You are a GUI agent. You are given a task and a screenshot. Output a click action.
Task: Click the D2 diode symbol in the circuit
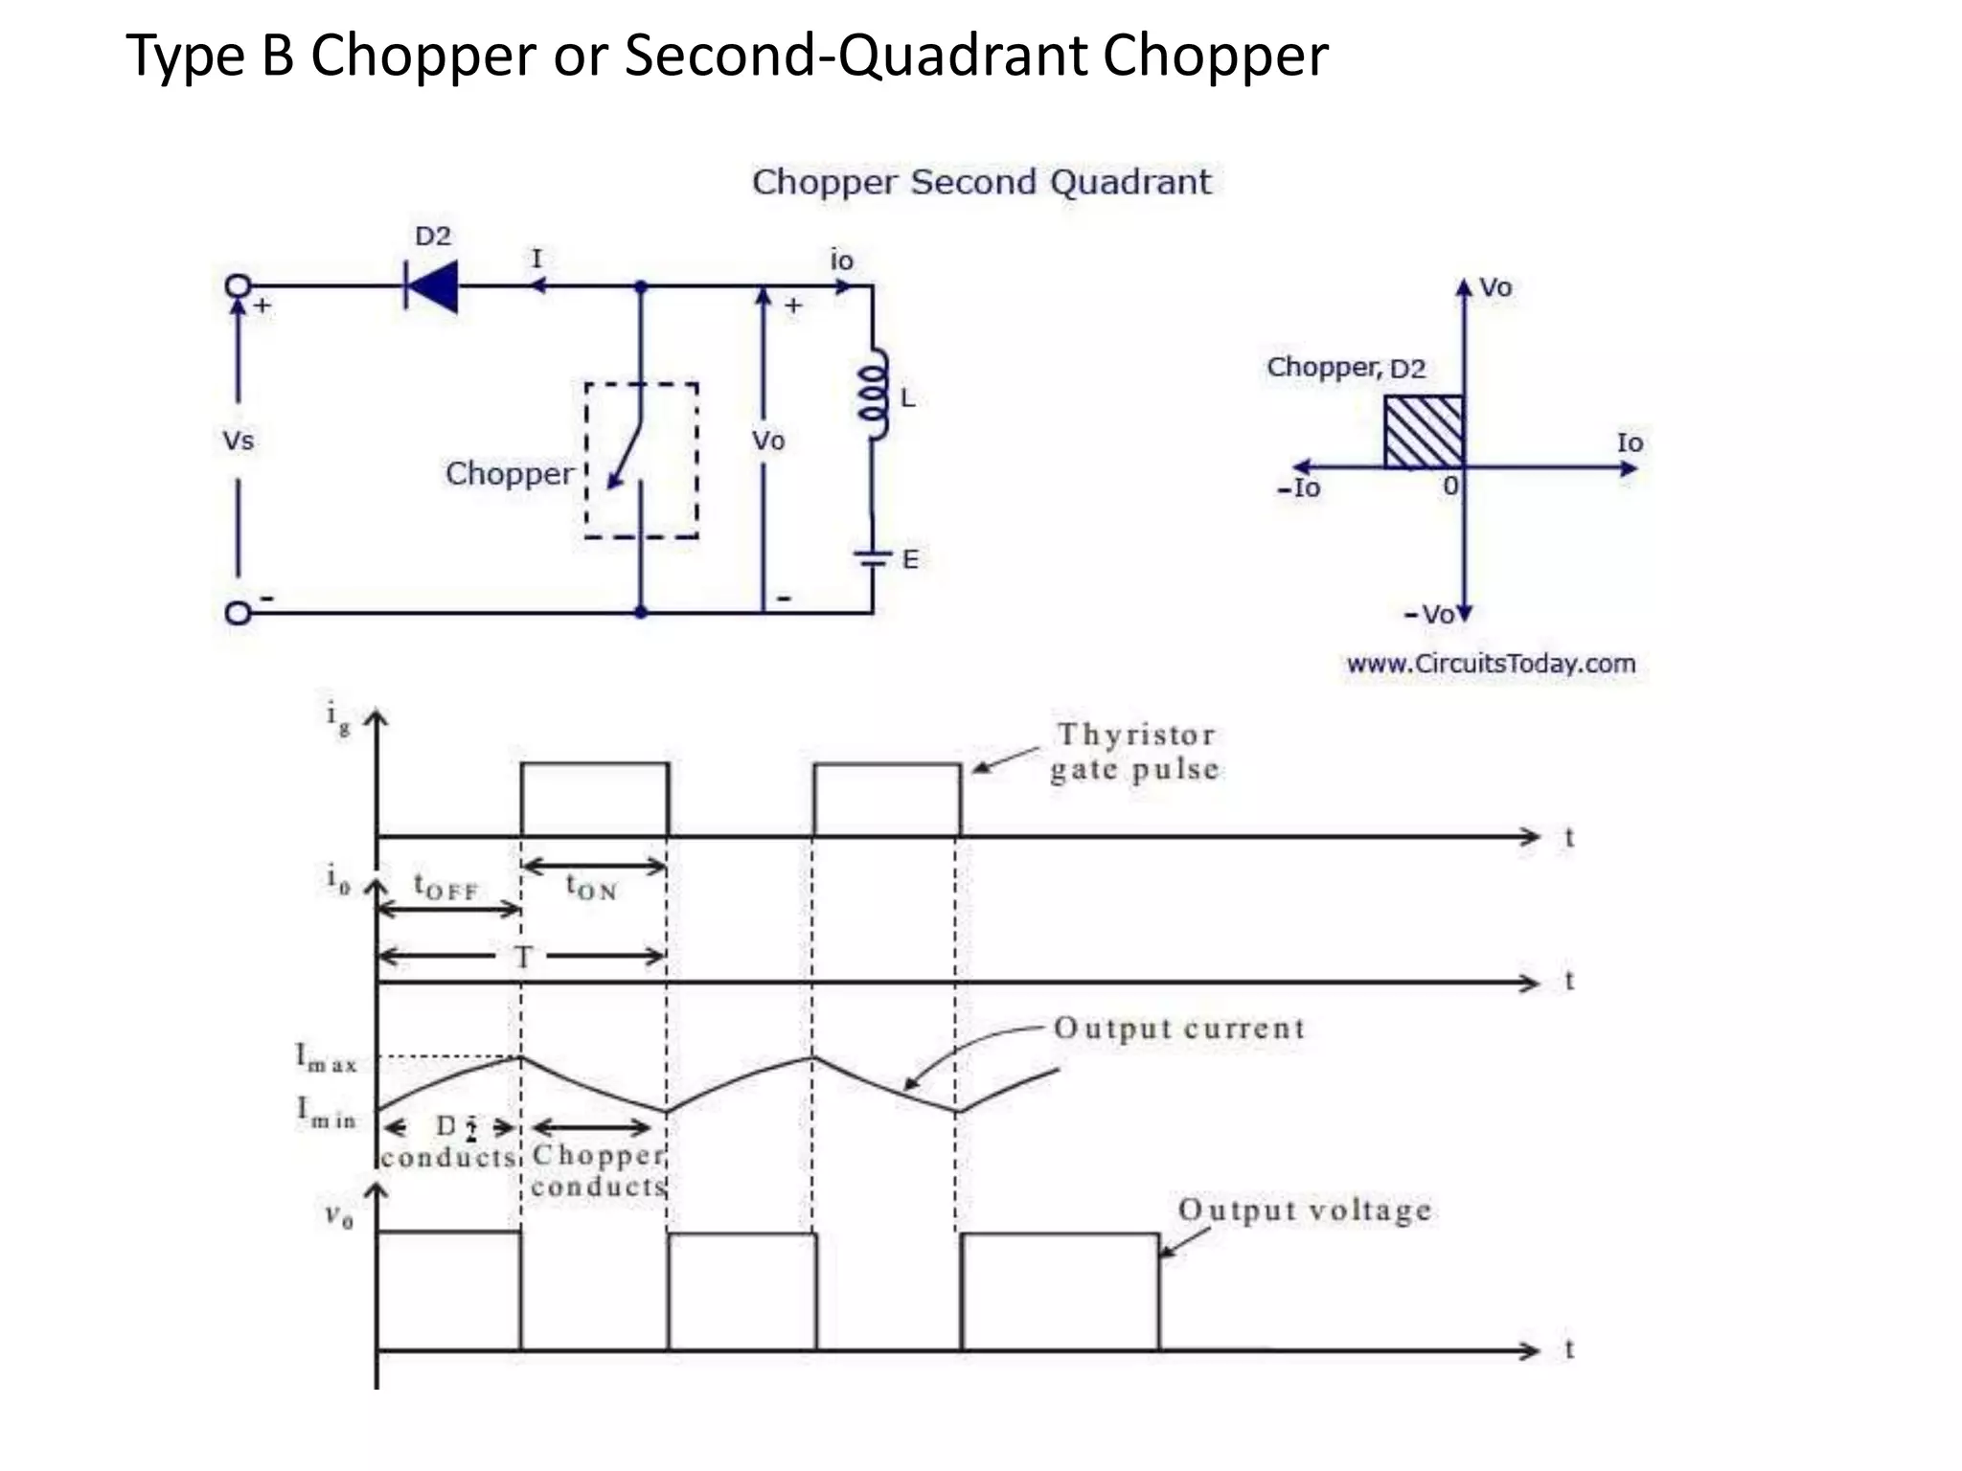coord(431,285)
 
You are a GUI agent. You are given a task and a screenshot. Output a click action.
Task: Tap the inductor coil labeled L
coord(873,395)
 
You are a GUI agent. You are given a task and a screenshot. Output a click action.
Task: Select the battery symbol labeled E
coord(873,558)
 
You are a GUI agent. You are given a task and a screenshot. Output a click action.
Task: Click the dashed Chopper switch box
coord(641,461)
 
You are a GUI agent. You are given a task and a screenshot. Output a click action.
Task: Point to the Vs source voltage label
coord(238,441)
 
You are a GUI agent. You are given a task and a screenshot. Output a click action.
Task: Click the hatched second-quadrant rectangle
coord(1424,432)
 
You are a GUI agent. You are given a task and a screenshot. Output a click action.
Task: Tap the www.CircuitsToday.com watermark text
coord(1491,664)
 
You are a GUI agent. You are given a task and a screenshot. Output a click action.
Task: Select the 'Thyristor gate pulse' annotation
coord(1134,752)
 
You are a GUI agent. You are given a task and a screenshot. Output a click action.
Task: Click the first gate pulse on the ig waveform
coord(595,799)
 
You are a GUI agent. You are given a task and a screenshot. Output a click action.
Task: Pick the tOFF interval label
coord(445,886)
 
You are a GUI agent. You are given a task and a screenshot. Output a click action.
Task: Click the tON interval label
coord(591,888)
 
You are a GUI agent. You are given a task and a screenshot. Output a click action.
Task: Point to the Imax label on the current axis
coord(326,1058)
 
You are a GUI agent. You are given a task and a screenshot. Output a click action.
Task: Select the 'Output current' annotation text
coord(1179,1029)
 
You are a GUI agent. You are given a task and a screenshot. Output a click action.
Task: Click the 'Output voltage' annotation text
coord(1304,1211)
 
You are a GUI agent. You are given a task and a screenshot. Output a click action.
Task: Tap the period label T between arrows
coord(523,957)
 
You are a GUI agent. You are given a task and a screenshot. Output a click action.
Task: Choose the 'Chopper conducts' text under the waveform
coord(598,1170)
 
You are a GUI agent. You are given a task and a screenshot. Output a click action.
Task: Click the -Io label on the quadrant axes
coord(1298,488)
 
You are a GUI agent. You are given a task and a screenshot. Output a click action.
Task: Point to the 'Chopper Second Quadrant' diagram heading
coord(981,182)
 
